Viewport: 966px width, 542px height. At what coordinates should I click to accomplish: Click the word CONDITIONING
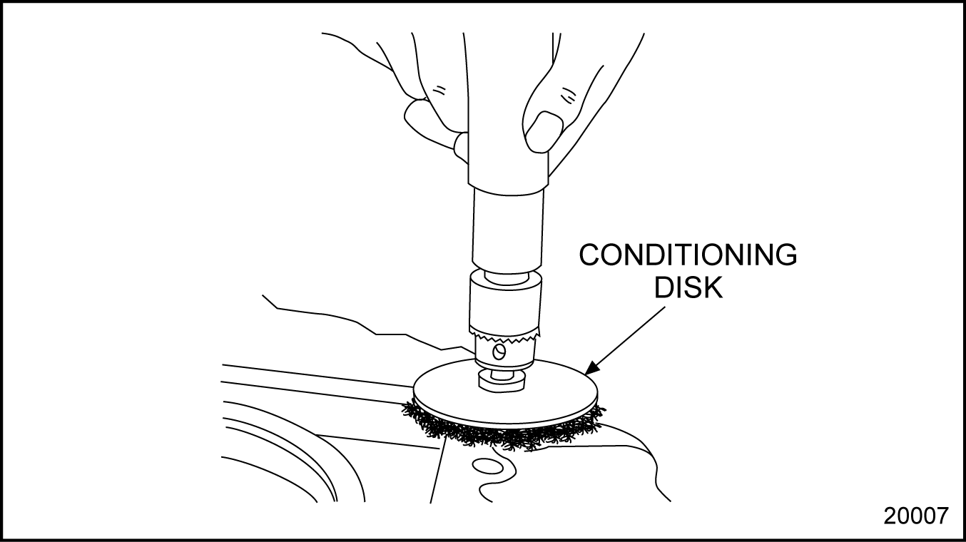pos(688,255)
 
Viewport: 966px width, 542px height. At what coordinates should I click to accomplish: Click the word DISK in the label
pos(688,287)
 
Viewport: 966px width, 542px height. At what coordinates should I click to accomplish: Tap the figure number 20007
pos(916,516)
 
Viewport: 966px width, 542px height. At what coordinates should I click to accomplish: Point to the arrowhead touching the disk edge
pos(592,367)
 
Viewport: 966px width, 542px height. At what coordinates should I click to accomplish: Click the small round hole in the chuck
pos(499,352)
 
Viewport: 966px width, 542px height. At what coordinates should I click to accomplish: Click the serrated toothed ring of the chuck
pos(504,334)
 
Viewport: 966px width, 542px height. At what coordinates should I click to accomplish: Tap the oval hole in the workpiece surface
pos(488,466)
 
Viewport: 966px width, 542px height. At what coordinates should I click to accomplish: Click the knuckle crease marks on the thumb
pos(569,94)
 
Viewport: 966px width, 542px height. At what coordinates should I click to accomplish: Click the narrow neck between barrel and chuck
pos(507,277)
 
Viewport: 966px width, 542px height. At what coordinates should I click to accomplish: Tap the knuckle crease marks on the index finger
pos(439,89)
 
